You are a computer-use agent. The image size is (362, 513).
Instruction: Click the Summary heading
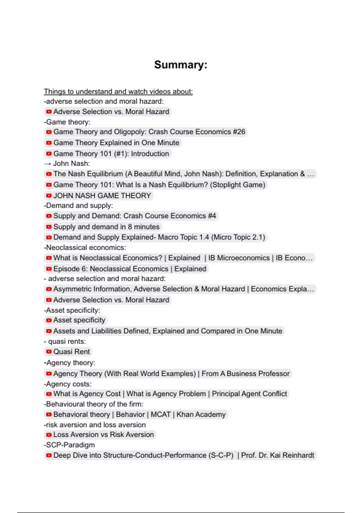click(x=180, y=65)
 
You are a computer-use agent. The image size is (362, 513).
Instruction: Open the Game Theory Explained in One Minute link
click(x=116, y=143)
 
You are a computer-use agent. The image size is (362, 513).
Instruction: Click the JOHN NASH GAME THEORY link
click(x=102, y=196)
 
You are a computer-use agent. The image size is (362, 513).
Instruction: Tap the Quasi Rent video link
click(x=71, y=352)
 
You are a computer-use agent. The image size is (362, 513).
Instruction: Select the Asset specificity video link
click(x=79, y=320)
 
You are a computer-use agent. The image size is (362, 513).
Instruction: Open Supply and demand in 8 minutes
click(x=106, y=227)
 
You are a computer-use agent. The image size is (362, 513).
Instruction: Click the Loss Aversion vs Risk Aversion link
click(x=103, y=435)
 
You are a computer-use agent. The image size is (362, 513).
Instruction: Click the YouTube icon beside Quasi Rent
click(x=49, y=352)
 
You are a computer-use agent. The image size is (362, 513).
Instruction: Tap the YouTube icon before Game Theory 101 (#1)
click(x=49, y=154)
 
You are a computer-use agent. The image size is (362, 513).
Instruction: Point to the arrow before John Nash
click(x=47, y=164)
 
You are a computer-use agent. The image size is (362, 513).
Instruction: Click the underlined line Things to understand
click(x=118, y=91)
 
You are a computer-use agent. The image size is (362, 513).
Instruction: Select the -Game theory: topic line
click(x=67, y=122)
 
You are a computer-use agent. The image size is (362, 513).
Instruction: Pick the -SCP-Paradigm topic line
click(x=69, y=445)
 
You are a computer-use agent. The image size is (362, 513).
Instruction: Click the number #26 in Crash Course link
click(x=239, y=132)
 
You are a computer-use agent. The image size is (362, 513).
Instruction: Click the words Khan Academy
click(x=201, y=414)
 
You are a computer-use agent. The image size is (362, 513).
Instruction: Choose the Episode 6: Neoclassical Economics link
click(x=130, y=269)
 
